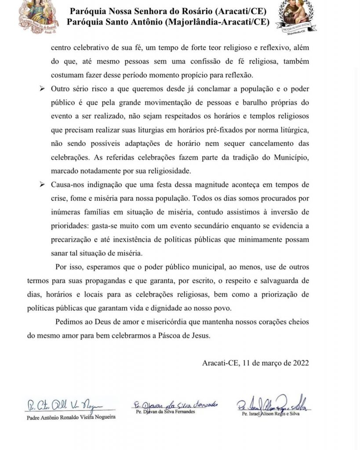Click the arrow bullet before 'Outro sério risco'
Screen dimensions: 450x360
[x=43, y=89]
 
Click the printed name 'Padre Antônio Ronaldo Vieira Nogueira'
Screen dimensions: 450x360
[x=71, y=417]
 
